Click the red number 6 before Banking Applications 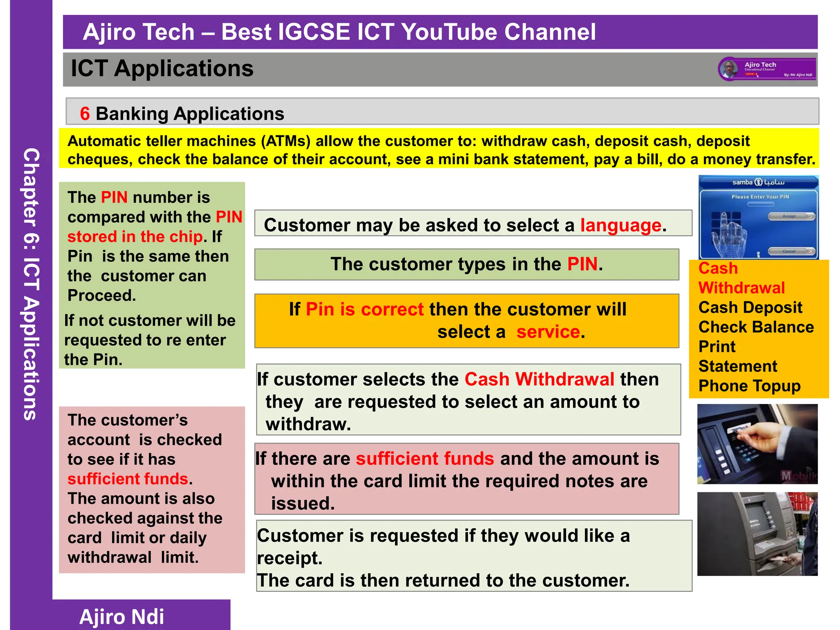coord(85,114)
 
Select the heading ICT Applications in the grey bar coord(162,68)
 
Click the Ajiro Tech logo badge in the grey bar coord(766,69)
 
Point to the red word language coord(621,225)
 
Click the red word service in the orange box coord(548,331)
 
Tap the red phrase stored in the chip coord(135,237)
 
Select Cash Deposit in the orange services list coord(750,307)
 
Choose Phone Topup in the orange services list coord(749,386)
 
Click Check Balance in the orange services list coord(756,327)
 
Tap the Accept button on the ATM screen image coord(790,216)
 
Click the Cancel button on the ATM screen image coord(790,251)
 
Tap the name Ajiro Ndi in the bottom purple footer coord(121,616)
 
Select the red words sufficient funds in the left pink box coord(128,479)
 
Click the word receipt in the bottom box coord(289,558)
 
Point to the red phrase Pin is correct coord(364,309)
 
